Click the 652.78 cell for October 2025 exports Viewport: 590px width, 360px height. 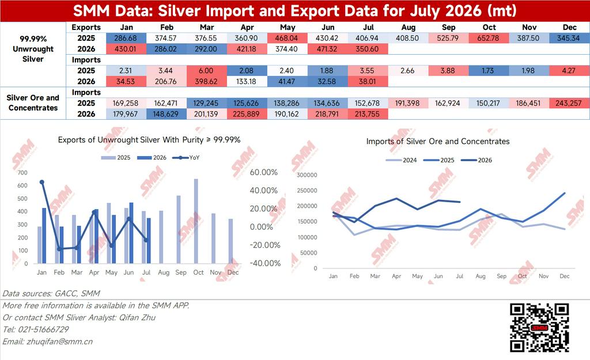pyautogui.click(x=489, y=38)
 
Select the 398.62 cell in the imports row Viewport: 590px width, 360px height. pyautogui.click(x=206, y=81)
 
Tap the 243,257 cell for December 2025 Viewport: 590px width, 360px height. pyautogui.click(x=569, y=103)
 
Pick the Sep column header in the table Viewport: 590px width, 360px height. pyautogui.click(x=448, y=28)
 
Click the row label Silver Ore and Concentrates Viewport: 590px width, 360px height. pyautogui.click(x=33, y=103)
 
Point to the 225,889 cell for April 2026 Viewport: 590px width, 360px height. pyautogui.click(x=247, y=114)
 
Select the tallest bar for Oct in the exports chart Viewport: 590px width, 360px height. pyautogui.click(x=196, y=221)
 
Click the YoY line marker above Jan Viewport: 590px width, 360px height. pyautogui.click(x=41, y=182)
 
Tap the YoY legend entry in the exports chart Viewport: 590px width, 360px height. pyautogui.click(x=186, y=158)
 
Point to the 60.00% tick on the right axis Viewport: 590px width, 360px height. pyautogui.click(x=264, y=172)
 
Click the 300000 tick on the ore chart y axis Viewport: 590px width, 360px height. pyautogui.click(x=307, y=175)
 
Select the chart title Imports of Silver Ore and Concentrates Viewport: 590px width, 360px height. pyautogui.click(x=438, y=142)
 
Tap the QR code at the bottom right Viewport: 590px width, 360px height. pyautogui.click(x=539, y=328)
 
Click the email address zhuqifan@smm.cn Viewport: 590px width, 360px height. pyautogui.click(x=60, y=342)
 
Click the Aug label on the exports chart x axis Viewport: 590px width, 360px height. pyautogui.click(x=164, y=272)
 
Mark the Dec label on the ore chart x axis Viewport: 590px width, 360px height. pyautogui.click(x=565, y=276)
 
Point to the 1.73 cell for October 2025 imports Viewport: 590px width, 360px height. pyautogui.click(x=489, y=70)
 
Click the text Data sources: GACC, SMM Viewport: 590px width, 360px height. pyautogui.click(x=51, y=293)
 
